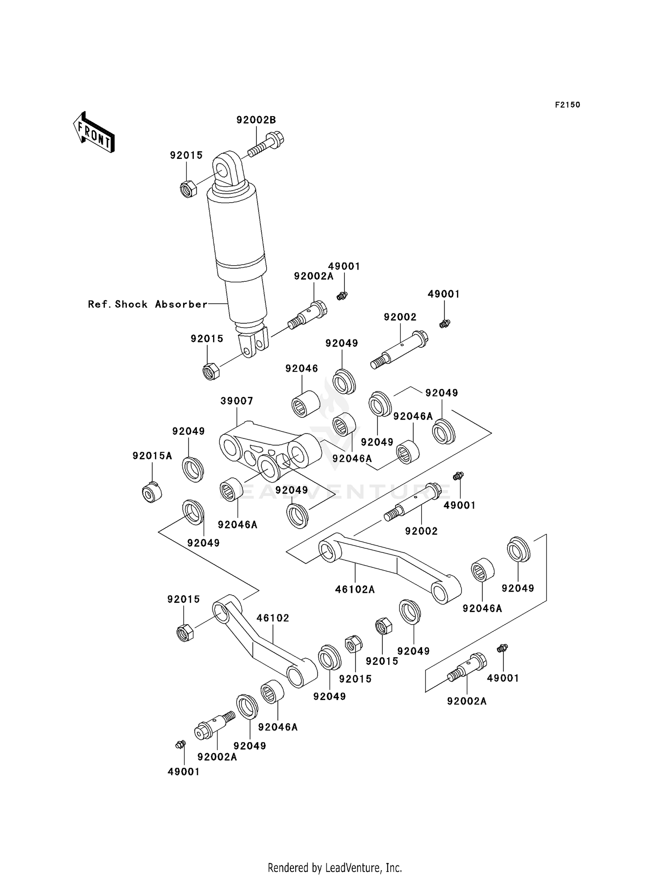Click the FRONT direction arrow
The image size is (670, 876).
pyautogui.click(x=94, y=133)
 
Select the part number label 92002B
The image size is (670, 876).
pyautogui.click(x=256, y=120)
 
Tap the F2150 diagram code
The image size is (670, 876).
pyautogui.click(x=567, y=105)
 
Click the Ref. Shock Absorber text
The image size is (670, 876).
pyautogui.click(x=147, y=305)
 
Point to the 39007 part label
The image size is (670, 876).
pyautogui.click(x=237, y=401)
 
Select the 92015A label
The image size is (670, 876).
pyautogui.click(x=152, y=456)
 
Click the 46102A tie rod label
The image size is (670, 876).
pyautogui.click(x=355, y=589)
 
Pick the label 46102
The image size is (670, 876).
pyautogui.click(x=272, y=618)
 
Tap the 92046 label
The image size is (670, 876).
pyautogui.click(x=301, y=368)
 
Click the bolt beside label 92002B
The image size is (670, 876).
pyautogui.click(x=266, y=144)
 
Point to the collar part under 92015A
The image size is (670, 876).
pyautogui.click(x=152, y=492)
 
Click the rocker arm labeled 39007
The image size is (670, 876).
pyautogui.click(x=268, y=451)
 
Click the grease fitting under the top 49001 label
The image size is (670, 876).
pyautogui.click(x=342, y=295)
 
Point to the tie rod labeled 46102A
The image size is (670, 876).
pyautogui.click(x=389, y=565)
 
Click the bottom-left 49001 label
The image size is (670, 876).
pyautogui.click(x=184, y=772)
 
